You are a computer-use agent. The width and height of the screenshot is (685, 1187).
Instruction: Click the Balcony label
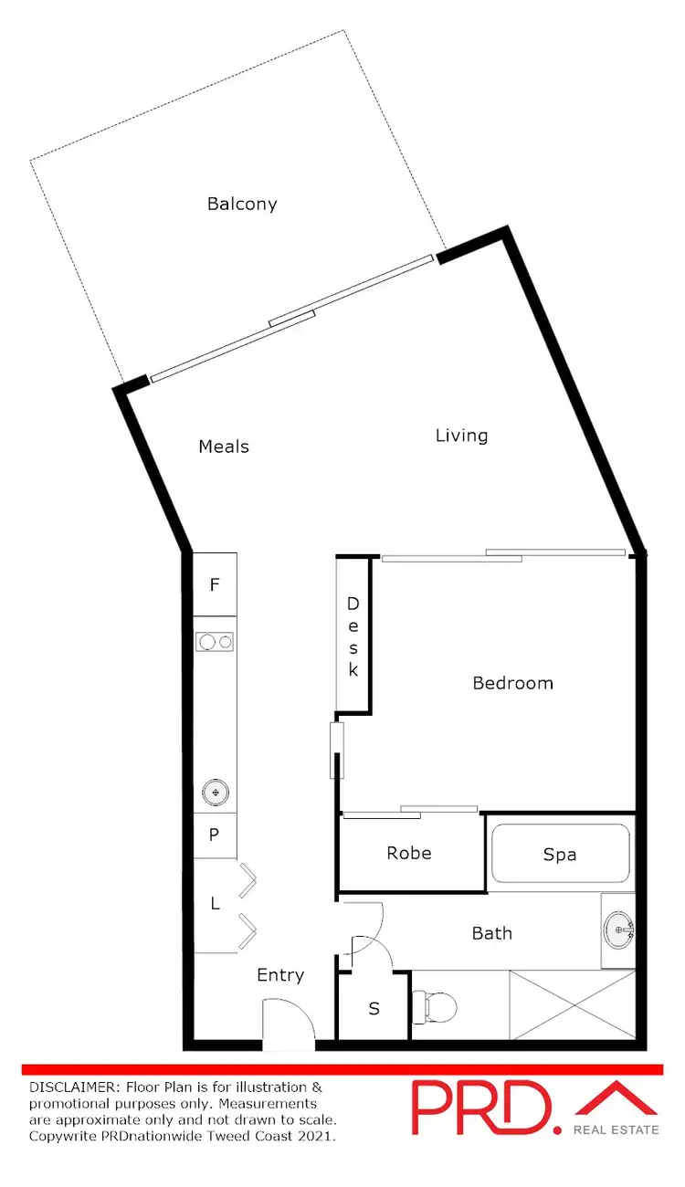[x=242, y=204]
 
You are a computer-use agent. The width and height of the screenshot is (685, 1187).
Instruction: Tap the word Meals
[x=224, y=446]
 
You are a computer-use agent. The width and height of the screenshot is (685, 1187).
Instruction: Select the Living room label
[x=461, y=436]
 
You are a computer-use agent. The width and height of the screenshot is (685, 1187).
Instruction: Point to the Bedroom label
[x=512, y=683]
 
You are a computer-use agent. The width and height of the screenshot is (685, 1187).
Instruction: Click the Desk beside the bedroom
[x=353, y=636]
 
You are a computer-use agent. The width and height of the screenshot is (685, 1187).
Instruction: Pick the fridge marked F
[x=215, y=584]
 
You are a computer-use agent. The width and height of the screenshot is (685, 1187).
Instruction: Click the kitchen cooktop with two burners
[x=216, y=642]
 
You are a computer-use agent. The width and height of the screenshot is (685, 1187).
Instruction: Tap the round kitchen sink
[x=216, y=792]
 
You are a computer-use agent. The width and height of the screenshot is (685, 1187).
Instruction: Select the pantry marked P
[x=215, y=835]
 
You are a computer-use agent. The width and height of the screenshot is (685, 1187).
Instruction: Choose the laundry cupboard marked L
[x=216, y=904]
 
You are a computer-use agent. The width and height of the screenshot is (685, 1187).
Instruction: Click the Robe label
[x=409, y=853]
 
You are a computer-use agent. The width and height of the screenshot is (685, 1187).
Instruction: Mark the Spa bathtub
[x=560, y=854]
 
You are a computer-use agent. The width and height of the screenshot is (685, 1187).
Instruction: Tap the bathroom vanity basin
[x=619, y=930]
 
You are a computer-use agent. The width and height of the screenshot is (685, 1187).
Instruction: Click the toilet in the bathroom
[x=437, y=1006]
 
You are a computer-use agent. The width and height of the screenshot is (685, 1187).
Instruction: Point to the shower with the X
[x=573, y=1004]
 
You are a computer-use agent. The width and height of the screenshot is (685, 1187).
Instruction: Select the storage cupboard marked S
[x=374, y=1009]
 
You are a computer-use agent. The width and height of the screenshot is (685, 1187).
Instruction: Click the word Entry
[x=280, y=975]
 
